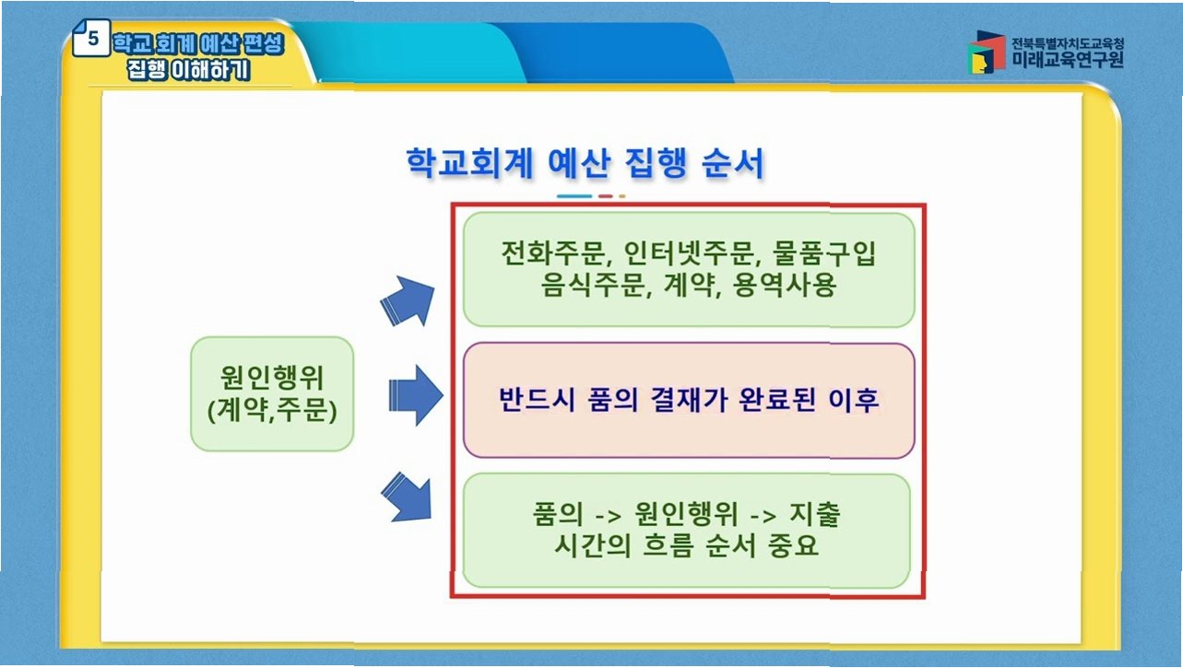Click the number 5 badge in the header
92,41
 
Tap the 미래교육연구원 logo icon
987,53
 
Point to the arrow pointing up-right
408,299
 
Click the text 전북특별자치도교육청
1067,42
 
